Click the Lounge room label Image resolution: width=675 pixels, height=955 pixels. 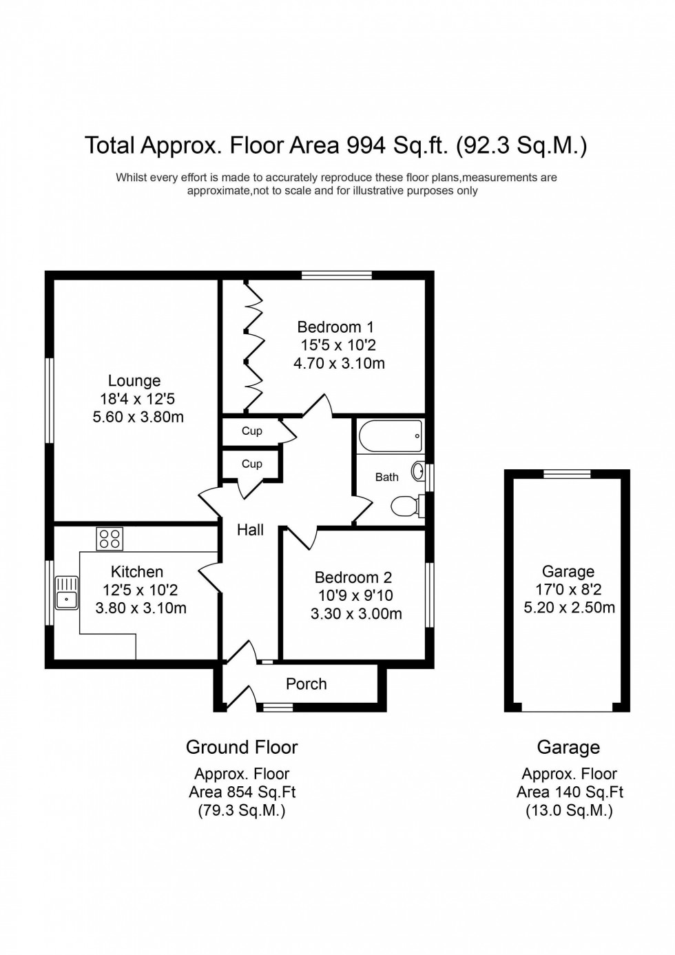coord(134,381)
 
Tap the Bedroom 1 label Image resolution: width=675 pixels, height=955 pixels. coord(335,327)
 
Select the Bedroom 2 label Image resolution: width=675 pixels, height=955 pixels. coord(353,577)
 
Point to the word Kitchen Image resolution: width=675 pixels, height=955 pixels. coord(137,572)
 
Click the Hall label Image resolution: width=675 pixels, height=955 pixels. coord(250,530)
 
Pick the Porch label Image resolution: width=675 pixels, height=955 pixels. coord(307,684)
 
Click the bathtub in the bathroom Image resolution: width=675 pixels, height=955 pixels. coord(390,436)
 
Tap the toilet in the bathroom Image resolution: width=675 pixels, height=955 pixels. coord(406,507)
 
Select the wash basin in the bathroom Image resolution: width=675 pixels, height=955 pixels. coord(417,471)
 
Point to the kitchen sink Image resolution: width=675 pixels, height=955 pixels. coord(66,593)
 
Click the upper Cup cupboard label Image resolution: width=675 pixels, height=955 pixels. coord(251,431)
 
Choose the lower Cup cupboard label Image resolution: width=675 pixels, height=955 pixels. coord(251,464)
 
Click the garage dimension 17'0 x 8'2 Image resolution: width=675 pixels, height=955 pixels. coord(568,590)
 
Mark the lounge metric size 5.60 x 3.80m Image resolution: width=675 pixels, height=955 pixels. coord(138,417)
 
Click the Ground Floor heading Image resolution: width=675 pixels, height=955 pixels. coord(242,748)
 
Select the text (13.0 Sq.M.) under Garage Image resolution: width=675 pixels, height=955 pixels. coord(569,810)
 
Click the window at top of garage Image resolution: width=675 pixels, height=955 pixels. coord(567,473)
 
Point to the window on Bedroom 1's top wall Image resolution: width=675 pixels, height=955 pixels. coord(337,276)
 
